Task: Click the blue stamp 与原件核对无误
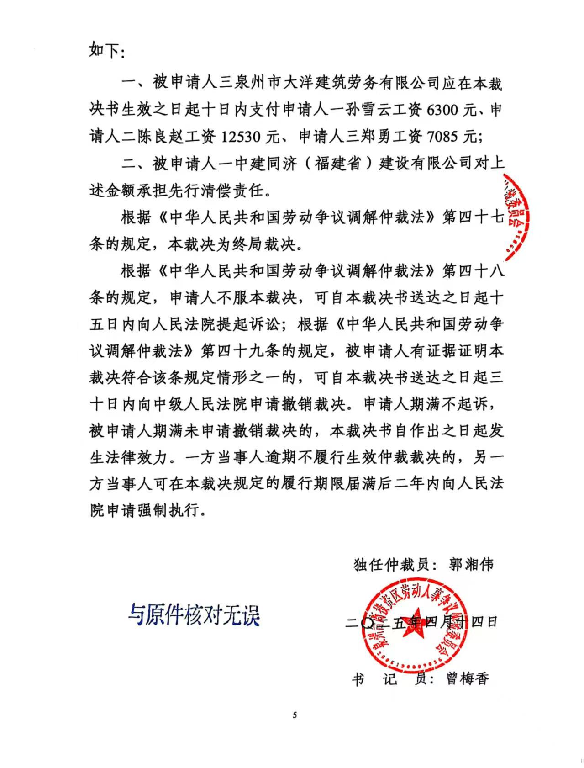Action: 194,615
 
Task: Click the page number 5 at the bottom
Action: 295,715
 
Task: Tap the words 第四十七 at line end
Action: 473,217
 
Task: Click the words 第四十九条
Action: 240,351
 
